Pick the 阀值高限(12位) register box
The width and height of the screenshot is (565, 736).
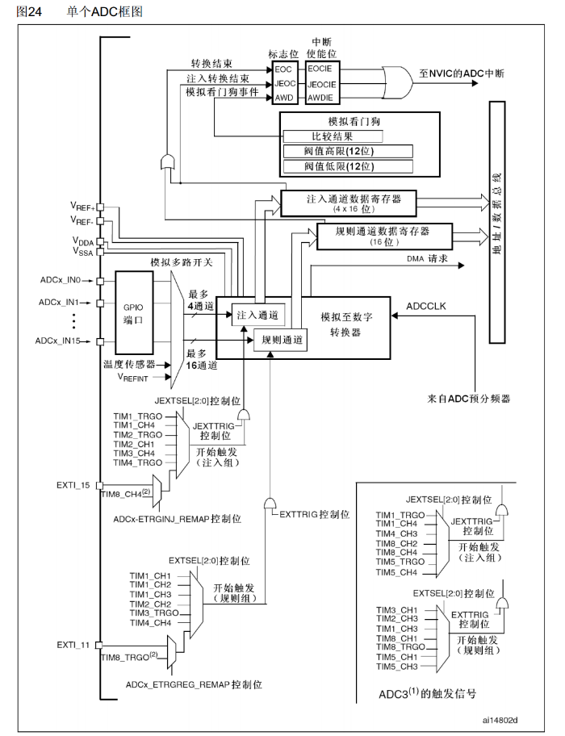point(345,151)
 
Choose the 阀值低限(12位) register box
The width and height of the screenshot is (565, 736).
point(345,166)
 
